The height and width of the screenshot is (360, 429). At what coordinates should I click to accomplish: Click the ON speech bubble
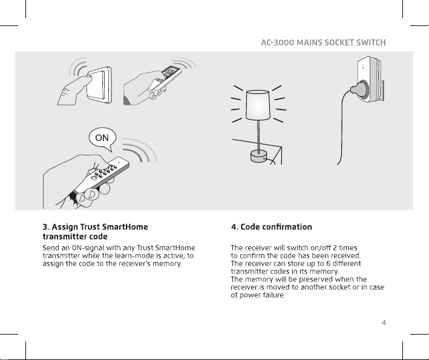102,137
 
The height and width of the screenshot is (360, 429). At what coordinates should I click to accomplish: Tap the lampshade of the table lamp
258,105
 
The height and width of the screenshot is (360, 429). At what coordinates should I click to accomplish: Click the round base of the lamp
258,156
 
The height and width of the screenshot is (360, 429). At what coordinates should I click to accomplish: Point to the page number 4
384,322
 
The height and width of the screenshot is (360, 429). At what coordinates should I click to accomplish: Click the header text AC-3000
277,43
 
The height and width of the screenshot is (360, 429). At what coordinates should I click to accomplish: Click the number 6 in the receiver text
329,263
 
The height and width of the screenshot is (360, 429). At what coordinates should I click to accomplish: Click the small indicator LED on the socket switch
363,66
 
